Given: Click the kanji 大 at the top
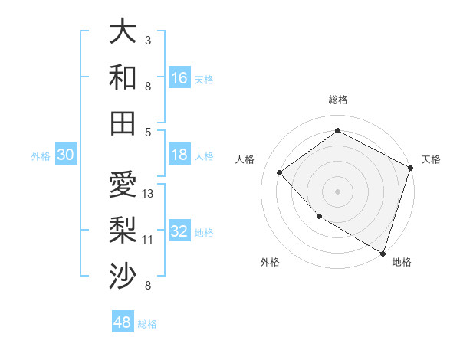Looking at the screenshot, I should (x=123, y=32).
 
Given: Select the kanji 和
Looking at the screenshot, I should (x=123, y=77).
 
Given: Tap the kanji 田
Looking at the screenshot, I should (x=123, y=123).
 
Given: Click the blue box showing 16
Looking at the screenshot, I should (x=179, y=77).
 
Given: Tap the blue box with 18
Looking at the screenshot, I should (x=179, y=155).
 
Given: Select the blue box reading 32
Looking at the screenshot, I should (x=179, y=232).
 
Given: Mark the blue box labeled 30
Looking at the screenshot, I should (x=66, y=155).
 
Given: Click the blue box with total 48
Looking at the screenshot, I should (x=123, y=322).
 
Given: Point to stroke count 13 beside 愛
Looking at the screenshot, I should (x=148, y=194).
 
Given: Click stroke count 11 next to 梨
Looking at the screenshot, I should (x=148, y=240).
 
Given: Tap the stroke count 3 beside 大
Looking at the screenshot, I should (x=148, y=40).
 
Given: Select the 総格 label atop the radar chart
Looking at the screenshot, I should (x=337, y=100).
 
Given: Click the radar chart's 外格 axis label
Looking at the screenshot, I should (x=270, y=262).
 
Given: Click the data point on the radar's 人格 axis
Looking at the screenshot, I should (x=280, y=172).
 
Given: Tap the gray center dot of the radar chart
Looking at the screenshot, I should (x=337, y=191).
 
